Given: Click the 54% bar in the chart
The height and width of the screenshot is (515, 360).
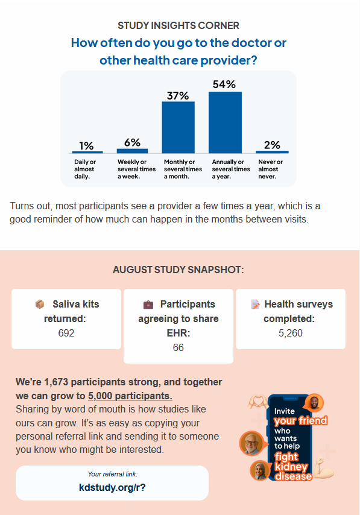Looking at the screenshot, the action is coord(225,122).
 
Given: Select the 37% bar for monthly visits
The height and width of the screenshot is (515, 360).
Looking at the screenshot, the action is coord(178,127).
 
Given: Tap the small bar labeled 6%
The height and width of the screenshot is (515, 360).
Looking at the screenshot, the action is coord(133,151).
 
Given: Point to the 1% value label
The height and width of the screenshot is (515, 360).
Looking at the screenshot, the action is coord(86,145).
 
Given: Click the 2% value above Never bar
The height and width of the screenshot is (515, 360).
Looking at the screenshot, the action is coord(272,145).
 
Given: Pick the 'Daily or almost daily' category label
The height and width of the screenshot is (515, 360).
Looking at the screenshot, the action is coord(85,169).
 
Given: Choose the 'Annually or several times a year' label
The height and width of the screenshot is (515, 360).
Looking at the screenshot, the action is coord(231,169).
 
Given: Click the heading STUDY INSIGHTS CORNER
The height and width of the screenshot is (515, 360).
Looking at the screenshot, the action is coord(178,25).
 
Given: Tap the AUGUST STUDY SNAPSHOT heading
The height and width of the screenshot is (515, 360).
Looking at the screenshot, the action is coord(178,270).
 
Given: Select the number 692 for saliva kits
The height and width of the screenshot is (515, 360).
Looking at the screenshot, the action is coord(66,333).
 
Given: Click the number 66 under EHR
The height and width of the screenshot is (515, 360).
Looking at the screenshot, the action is coord(178,347).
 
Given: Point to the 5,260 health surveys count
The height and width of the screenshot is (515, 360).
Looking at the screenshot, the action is coord(291,333).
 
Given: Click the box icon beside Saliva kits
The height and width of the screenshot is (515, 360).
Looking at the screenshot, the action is coord(40,304).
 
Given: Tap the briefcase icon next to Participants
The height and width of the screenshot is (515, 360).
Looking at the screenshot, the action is coord(148,305).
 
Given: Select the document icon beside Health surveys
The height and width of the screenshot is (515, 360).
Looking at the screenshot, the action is coord(255,304).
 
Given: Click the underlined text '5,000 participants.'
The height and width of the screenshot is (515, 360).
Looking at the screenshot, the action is coord(130,396).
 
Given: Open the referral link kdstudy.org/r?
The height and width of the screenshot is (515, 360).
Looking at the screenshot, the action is coord(112,487).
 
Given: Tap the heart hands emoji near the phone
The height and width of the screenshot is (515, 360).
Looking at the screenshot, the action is coord(257,402).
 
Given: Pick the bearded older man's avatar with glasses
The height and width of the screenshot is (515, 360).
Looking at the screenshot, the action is coord(251,443).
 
